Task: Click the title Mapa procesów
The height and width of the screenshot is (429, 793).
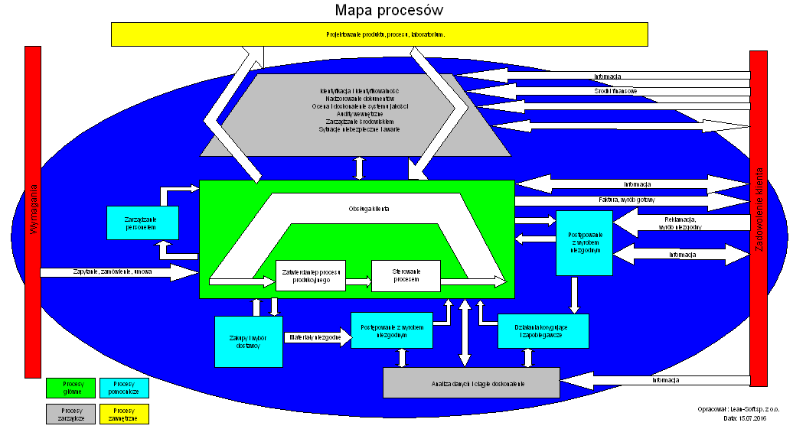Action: [x=389, y=11]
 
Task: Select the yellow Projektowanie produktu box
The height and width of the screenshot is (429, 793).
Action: [x=380, y=34]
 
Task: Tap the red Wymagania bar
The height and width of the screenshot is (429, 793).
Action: [x=33, y=212]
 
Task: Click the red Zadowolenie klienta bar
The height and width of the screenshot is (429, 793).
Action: [x=758, y=214]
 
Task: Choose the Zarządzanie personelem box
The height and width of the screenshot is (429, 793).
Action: [x=143, y=223]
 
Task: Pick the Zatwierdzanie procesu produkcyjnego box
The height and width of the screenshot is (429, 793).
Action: [x=310, y=275]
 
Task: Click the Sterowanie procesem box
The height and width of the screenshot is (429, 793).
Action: [x=406, y=275]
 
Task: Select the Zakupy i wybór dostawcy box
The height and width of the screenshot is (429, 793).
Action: [x=249, y=342]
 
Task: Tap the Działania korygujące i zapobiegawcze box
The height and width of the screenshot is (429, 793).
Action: [x=543, y=330]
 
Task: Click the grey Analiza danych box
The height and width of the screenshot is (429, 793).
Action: [x=471, y=382]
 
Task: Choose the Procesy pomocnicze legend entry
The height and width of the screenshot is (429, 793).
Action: [x=124, y=388]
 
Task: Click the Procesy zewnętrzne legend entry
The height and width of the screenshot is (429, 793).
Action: [x=124, y=414]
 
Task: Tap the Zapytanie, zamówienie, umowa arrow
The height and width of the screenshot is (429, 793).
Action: [x=115, y=271]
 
